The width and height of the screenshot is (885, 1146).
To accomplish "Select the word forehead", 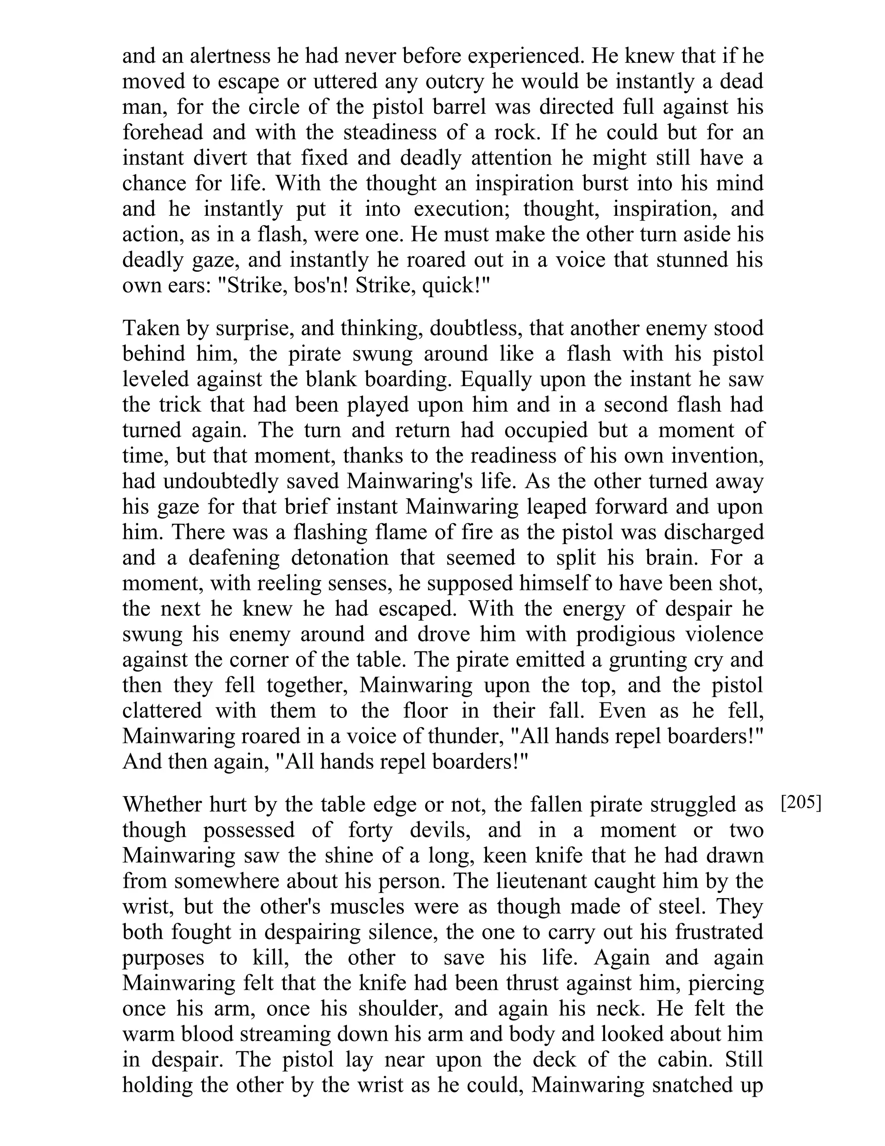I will [162, 132].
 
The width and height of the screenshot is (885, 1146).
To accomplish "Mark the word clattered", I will [162, 711].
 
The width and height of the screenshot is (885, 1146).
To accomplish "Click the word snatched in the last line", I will [684, 1085].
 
